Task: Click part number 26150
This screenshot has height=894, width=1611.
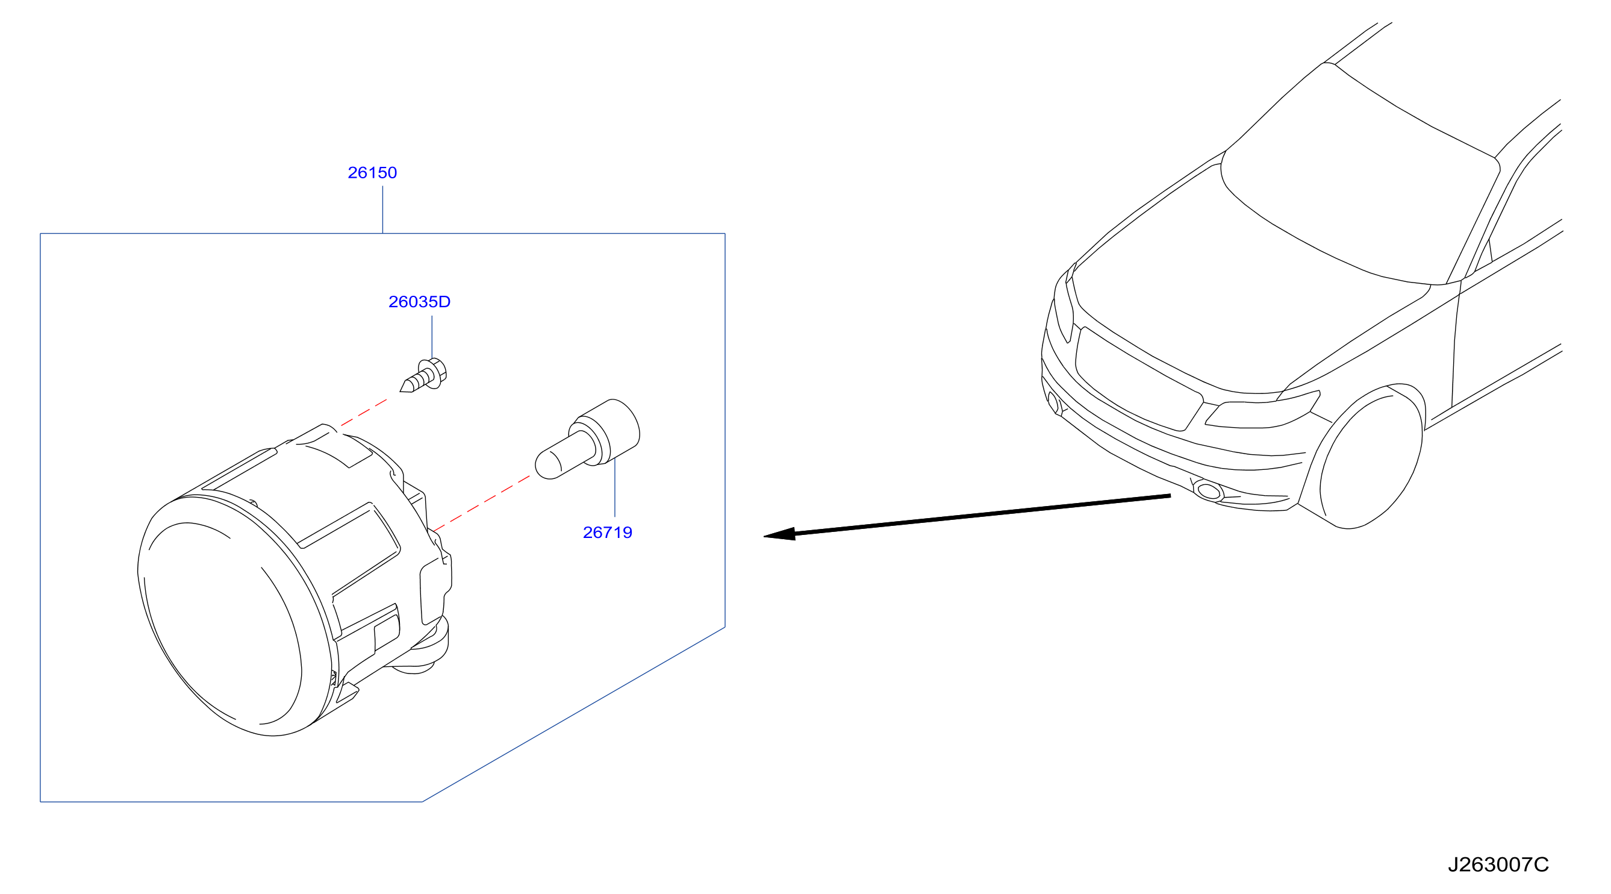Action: click(372, 173)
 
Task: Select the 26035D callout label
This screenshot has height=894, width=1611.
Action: click(419, 302)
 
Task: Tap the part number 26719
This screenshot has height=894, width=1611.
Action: click(607, 533)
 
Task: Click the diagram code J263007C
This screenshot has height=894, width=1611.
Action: click(1498, 864)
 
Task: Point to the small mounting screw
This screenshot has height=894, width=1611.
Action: click(423, 375)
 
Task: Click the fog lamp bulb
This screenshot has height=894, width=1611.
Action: click(587, 439)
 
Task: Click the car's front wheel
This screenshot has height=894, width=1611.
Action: click(1370, 457)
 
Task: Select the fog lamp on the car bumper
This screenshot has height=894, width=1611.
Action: click(1208, 490)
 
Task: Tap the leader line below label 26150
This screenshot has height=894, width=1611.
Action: click(383, 210)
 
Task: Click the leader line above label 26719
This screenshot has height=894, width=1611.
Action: click(615, 487)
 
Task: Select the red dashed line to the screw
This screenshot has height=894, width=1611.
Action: click(364, 413)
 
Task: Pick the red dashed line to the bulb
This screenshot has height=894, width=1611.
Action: click(482, 504)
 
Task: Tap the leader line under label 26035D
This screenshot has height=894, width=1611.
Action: click(432, 338)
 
